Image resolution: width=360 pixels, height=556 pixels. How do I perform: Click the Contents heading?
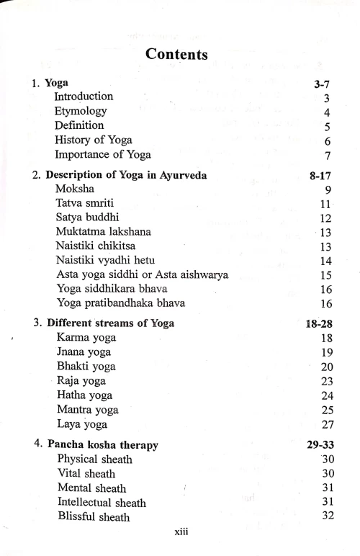click(x=176, y=53)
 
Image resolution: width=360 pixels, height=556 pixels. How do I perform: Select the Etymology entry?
click(x=81, y=112)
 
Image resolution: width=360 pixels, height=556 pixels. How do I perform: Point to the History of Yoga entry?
click(x=94, y=140)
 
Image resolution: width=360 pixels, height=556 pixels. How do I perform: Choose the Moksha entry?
click(x=75, y=189)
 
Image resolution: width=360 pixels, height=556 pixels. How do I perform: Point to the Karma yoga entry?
click(x=86, y=338)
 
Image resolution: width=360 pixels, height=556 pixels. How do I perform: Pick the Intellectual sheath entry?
click(x=101, y=503)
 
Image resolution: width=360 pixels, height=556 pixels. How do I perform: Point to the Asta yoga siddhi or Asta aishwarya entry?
click(x=142, y=274)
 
